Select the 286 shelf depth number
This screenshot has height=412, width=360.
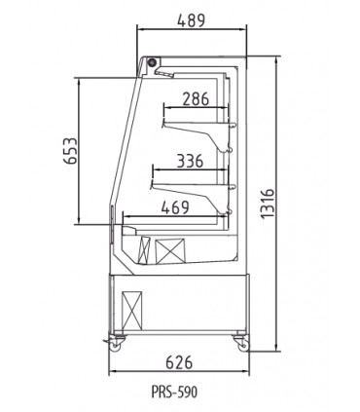tap(196, 97)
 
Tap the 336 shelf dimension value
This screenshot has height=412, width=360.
tap(191, 162)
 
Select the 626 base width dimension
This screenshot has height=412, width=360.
tap(175, 362)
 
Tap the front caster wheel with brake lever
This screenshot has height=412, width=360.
tap(120, 341)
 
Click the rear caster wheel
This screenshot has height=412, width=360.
tap(238, 342)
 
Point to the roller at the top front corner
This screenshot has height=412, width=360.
tap(153, 63)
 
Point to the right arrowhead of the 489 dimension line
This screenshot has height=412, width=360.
tap(242, 32)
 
